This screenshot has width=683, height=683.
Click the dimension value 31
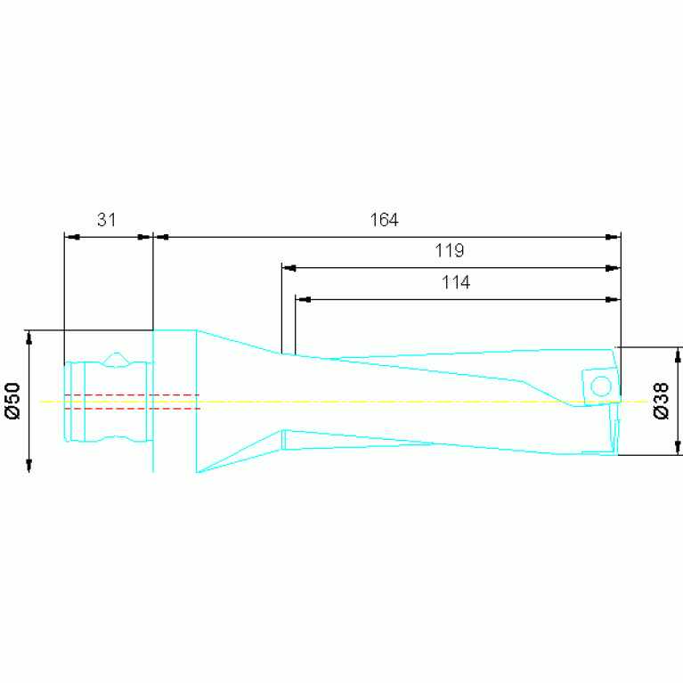click(x=106, y=220)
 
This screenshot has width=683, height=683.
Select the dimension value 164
click(x=384, y=220)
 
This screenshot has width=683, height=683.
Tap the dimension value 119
click(x=450, y=251)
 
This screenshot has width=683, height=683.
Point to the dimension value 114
click(x=456, y=282)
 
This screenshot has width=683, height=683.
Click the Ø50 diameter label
click(x=12, y=401)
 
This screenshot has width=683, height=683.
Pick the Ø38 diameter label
click(x=662, y=401)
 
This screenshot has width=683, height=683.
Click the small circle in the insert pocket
click(x=601, y=386)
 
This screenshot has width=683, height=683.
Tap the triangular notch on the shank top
click(x=116, y=359)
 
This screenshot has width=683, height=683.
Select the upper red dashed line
click(x=132, y=394)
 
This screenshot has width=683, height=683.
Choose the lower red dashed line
click(x=132, y=409)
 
